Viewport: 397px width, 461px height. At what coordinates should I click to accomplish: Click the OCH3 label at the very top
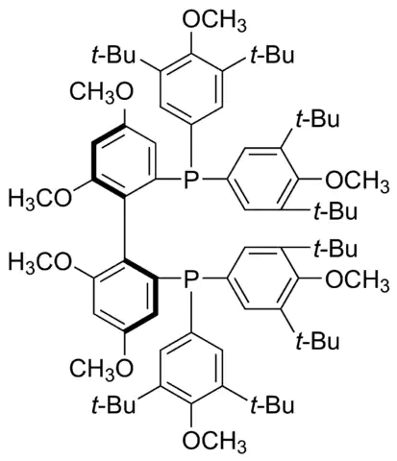[214, 20]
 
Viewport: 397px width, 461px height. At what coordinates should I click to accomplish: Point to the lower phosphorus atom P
[191, 278]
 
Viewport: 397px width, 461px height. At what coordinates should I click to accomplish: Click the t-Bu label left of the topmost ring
[113, 55]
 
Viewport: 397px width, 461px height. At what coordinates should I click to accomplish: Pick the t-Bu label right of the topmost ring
[272, 55]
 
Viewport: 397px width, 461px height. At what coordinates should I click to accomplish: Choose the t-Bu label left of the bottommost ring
[113, 404]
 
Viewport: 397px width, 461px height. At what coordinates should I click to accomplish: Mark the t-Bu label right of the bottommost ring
[272, 404]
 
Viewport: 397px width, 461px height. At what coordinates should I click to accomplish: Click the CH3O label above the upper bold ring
[101, 92]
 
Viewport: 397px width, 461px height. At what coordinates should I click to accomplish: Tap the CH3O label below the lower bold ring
[101, 367]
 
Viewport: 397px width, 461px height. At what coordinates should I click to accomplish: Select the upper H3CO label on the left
[39, 199]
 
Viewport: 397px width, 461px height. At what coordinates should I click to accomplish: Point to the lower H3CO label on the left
[39, 263]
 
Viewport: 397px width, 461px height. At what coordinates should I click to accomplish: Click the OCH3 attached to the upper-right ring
[357, 181]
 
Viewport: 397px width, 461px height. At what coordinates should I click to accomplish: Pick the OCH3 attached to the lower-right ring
[357, 279]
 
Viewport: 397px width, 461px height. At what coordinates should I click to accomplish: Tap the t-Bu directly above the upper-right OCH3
[318, 119]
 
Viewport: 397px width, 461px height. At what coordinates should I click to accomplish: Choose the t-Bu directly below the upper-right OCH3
[335, 211]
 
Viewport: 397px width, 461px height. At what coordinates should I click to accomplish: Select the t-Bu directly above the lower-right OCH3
[335, 248]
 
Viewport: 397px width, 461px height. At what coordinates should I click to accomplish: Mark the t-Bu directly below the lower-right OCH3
[318, 340]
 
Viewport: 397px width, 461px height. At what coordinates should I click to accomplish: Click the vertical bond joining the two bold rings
[125, 228]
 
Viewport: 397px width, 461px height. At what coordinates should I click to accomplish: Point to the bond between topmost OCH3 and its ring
[191, 42]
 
